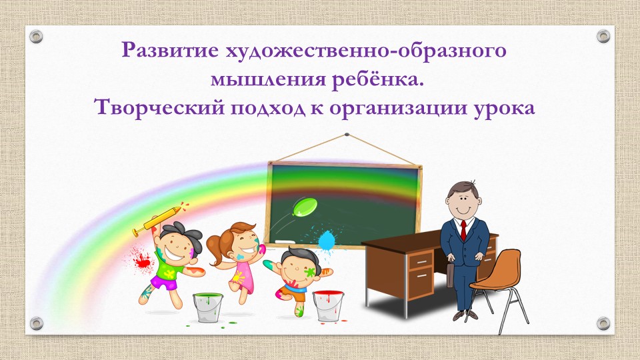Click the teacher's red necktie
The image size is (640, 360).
[x=463, y=229]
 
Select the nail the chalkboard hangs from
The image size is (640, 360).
[x=346, y=135]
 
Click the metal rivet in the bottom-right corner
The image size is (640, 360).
[x=603, y=323]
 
